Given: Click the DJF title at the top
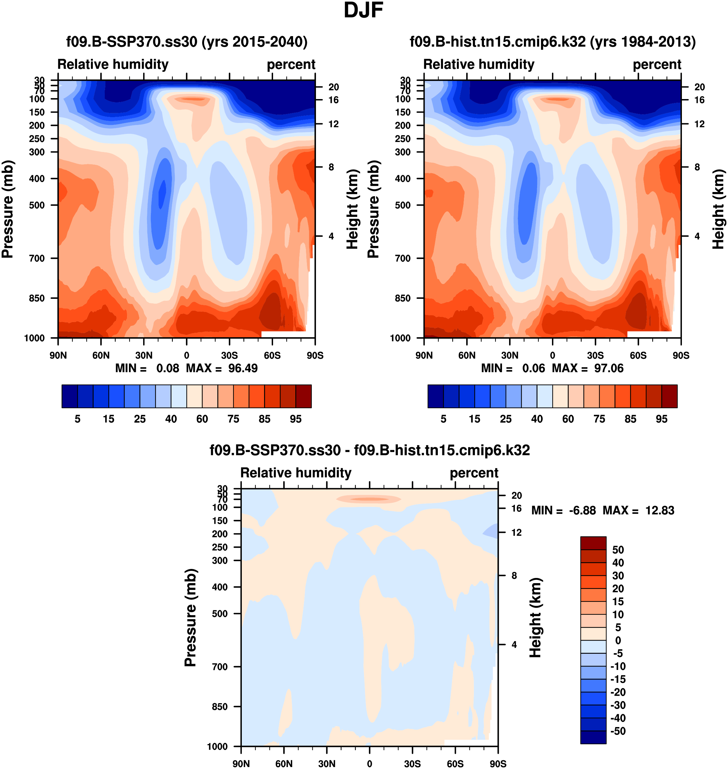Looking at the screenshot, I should (363, 10).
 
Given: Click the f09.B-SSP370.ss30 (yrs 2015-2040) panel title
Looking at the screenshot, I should (187, 42).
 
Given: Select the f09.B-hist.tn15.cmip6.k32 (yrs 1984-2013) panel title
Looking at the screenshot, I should (553, 42).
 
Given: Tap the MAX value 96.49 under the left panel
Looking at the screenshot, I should (243, 368).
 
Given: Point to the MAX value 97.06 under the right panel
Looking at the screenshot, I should (609, 368).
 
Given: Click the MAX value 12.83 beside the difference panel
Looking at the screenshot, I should (660, 510).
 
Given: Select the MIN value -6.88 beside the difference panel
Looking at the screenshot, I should (582, 510).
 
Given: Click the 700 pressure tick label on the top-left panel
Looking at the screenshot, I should (37, 258).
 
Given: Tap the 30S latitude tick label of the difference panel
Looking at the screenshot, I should (412, 764).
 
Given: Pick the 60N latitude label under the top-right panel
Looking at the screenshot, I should (467, 355).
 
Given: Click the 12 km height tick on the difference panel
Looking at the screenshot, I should (516, 532).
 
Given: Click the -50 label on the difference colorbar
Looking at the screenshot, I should (618, 731).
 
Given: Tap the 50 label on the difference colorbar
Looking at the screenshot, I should (618, 550).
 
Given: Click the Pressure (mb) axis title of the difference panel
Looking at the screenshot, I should (191, 618).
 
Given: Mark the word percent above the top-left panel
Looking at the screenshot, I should (291, 65).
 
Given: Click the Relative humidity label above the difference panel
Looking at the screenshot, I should (296, 473).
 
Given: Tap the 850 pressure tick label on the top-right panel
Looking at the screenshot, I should (403, 298).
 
